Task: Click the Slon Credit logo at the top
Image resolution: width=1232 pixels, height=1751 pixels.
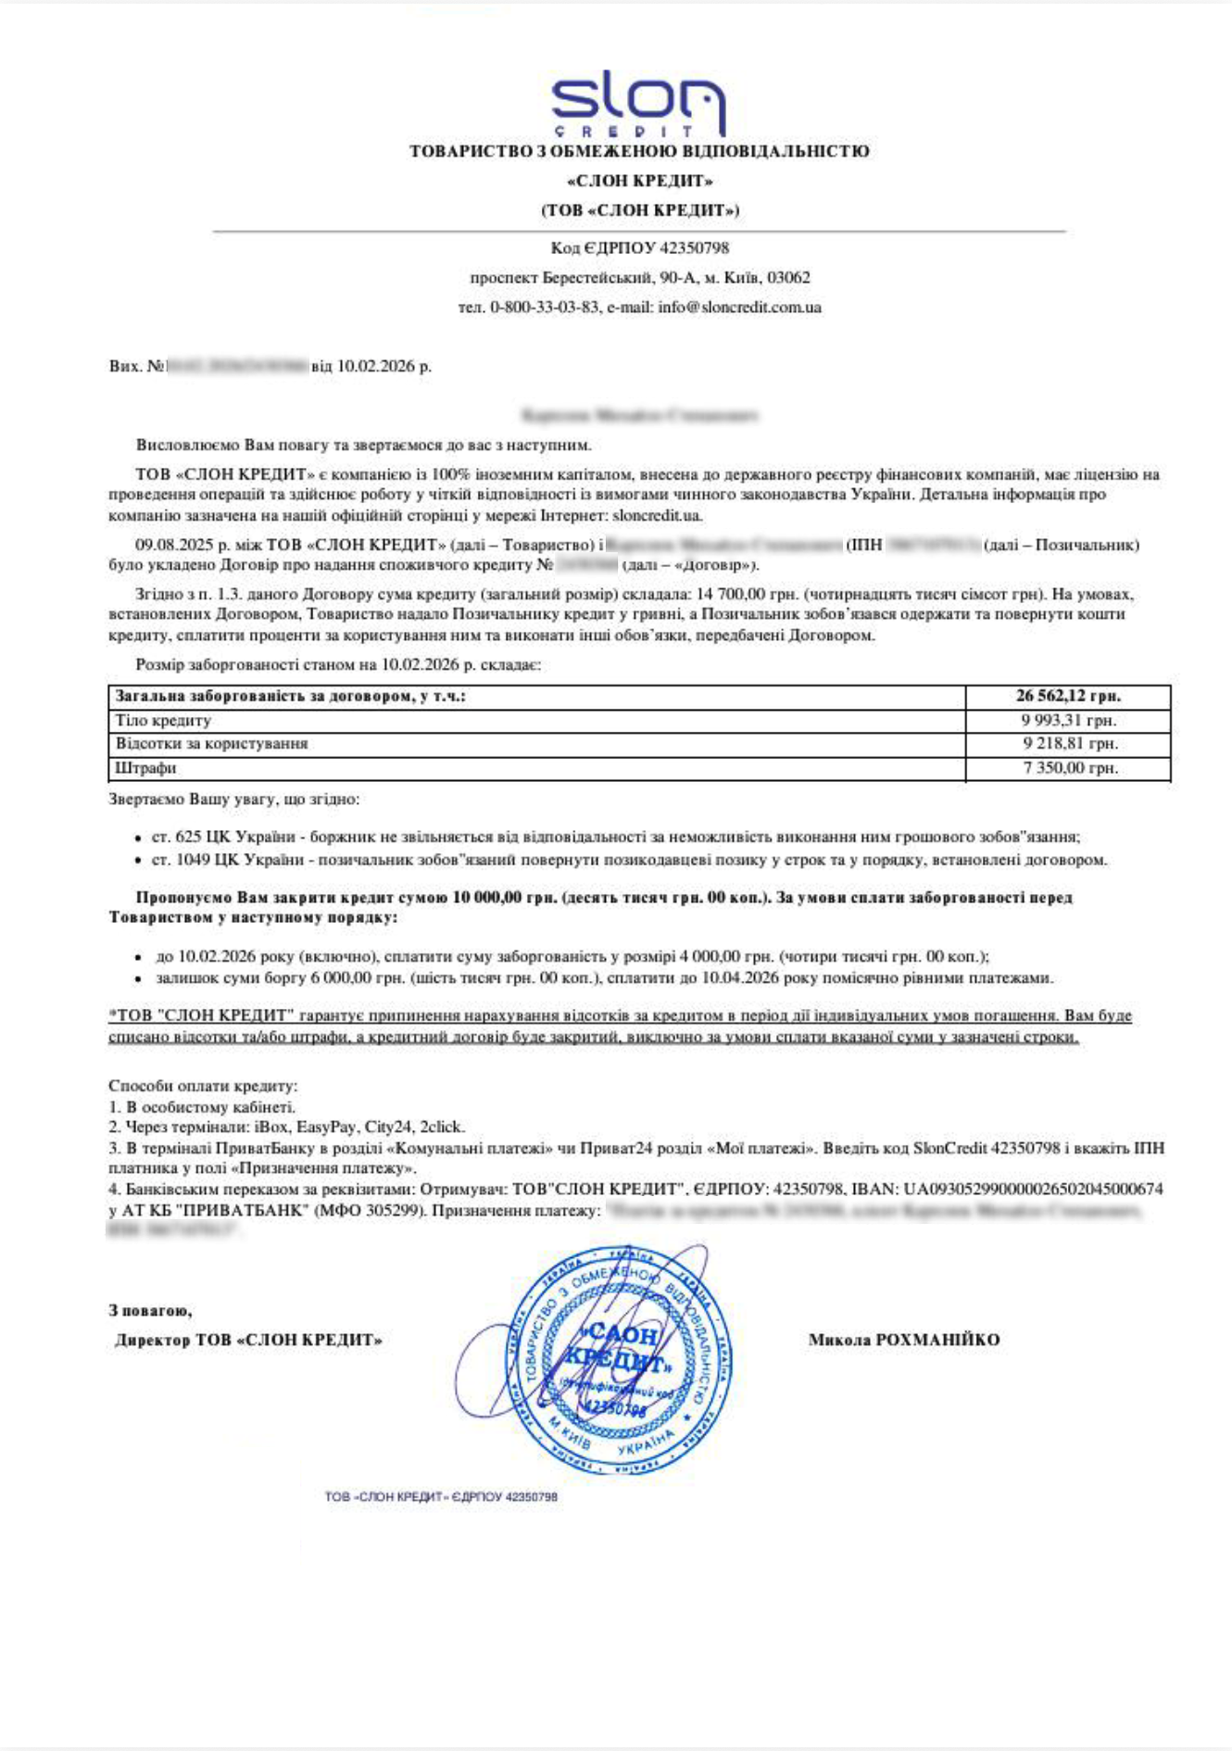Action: click(638, 102)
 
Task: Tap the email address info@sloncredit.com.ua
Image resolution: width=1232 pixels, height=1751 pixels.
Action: click(739, 308)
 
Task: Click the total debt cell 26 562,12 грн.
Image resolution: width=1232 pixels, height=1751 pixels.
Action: click(1068, 696)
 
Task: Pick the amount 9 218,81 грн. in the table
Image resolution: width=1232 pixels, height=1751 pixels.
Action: click(1070, 744)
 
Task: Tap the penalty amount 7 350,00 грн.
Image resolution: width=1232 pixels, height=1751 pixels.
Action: click(1070, 768)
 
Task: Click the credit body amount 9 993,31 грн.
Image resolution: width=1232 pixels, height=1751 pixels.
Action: click(1070, 720)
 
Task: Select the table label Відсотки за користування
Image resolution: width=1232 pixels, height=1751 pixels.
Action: click(211, 744)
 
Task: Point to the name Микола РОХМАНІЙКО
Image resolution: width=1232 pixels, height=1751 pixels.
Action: click(904, 1340)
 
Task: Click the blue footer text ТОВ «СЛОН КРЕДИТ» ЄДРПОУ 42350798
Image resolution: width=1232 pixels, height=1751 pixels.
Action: click(441, 1496)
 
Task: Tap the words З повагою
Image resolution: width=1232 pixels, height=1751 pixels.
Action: click(150, 1311)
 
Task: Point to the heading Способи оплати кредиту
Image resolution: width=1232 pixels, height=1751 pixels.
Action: click(203, 1086)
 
